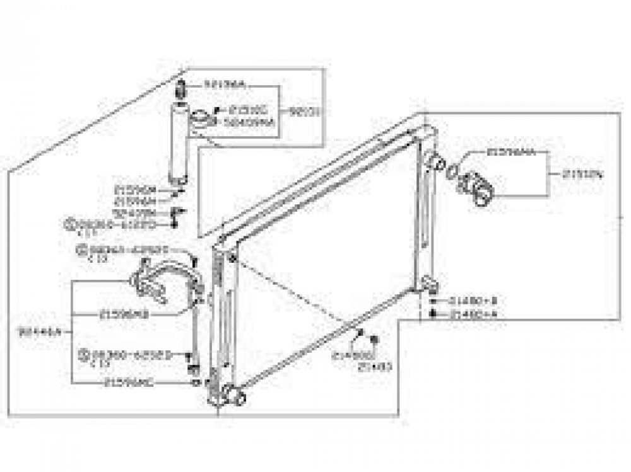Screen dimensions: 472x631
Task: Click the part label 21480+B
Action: coord(469,301)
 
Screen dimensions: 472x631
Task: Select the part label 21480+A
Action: coord(469,313)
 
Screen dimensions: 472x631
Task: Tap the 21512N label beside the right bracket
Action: coord(579,175)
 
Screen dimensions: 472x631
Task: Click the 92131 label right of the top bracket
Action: coord(306,113)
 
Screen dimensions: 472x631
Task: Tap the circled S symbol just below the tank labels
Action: coord(71,223)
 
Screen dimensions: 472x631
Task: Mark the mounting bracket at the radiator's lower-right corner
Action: coord(432,287)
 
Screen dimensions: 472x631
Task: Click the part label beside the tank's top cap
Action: coord(225,84)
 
